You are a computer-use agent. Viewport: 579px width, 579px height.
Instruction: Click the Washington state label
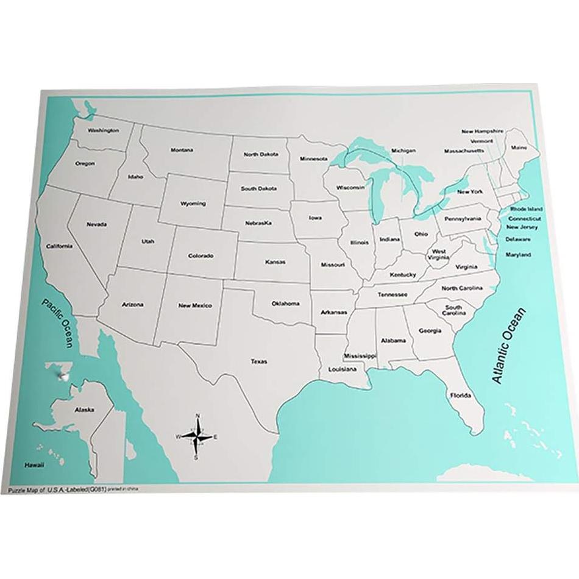(x=103, y=130)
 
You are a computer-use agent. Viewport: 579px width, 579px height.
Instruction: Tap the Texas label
(x=258, y=361)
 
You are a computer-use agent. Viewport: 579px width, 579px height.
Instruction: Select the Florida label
(x=460, y=396)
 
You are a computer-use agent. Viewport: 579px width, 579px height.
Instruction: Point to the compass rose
(x=196, y=436)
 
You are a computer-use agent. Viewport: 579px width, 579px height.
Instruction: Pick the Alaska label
(x=84, y=410)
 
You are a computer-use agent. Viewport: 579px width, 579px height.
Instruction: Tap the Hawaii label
(x=34, y=465)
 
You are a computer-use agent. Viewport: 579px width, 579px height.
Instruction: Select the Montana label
(x=182, y=150)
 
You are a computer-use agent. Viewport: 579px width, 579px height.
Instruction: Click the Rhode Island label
(x=526, y=208)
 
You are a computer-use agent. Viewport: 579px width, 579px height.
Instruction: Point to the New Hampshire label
(x=482, y=131)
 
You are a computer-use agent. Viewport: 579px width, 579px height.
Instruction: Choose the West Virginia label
(x=438, y=254)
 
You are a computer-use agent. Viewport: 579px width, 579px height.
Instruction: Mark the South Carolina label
(x=453, y=310)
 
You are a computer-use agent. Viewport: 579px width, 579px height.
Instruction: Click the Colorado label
(x=201, y=255)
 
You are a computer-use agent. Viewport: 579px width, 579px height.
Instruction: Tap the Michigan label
(x=403, y=151)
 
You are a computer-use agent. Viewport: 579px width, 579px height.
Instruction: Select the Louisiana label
(x=343, y=369)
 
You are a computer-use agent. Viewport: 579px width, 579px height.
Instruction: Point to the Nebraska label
(x=258, y=223)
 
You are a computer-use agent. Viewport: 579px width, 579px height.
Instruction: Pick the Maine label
(x=519, y=147)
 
